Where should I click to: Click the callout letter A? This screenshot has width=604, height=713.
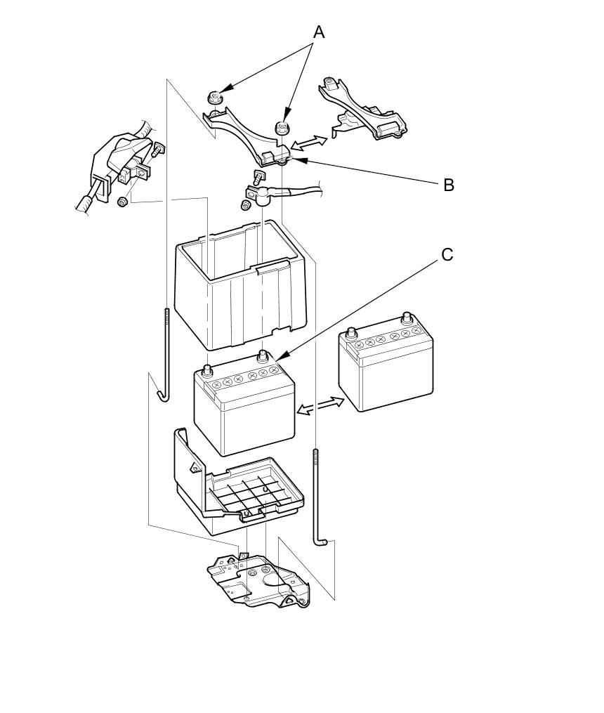click(x=319, y=32)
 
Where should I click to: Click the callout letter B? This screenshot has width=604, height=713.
click(x=448, y=185)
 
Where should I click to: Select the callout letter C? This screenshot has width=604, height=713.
click(x=447, y=254)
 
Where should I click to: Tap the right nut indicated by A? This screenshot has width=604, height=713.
click(x=282, y=128)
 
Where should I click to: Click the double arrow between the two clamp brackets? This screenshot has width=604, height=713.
click(x=310, y=143)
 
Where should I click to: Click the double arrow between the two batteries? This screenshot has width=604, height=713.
click(x=320, y=405)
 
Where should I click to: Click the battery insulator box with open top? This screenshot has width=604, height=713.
click(x=239, y=288)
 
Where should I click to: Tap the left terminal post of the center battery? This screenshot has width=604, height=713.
click(x=208, y=369)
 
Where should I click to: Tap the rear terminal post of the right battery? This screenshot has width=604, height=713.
click(x=406, y=318)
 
